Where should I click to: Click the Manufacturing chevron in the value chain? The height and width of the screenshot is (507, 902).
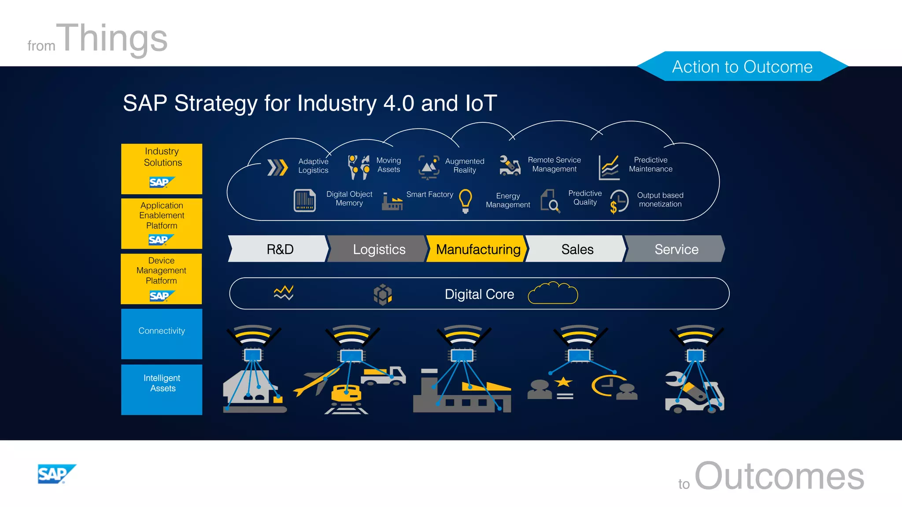coord(477,249)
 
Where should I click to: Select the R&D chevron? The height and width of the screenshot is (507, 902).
coord(279,249)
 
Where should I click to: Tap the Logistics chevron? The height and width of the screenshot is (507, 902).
coord(378,249)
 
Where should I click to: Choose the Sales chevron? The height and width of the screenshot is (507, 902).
coord(577,249)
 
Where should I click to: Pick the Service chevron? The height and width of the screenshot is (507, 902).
coord(676,249)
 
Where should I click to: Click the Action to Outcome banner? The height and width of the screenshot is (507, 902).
coord(742,66)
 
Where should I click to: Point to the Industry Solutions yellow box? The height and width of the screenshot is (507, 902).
coord(162,169)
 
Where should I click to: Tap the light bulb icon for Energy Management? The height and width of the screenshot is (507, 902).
coord(466,201)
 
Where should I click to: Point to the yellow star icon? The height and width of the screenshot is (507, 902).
coord(563,382)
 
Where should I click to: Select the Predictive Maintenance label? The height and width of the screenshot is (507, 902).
coord(651,164)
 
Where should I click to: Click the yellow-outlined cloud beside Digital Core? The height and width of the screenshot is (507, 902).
coord(553,293)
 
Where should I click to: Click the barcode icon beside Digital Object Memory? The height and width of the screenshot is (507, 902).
coord(304,200)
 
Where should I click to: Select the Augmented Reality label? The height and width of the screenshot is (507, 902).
coord(465,165)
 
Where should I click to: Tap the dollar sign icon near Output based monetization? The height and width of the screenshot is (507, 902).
coord(614,207)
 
